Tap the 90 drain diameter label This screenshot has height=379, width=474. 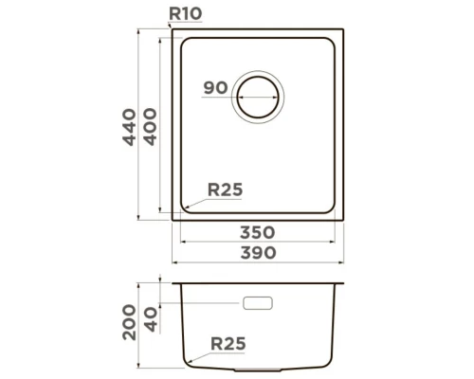point(214,88)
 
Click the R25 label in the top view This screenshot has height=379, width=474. point(226,189)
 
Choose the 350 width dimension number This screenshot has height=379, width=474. point(257,232)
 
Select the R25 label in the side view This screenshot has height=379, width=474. point(228,343)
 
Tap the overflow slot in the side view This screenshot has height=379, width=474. point(258,304)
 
